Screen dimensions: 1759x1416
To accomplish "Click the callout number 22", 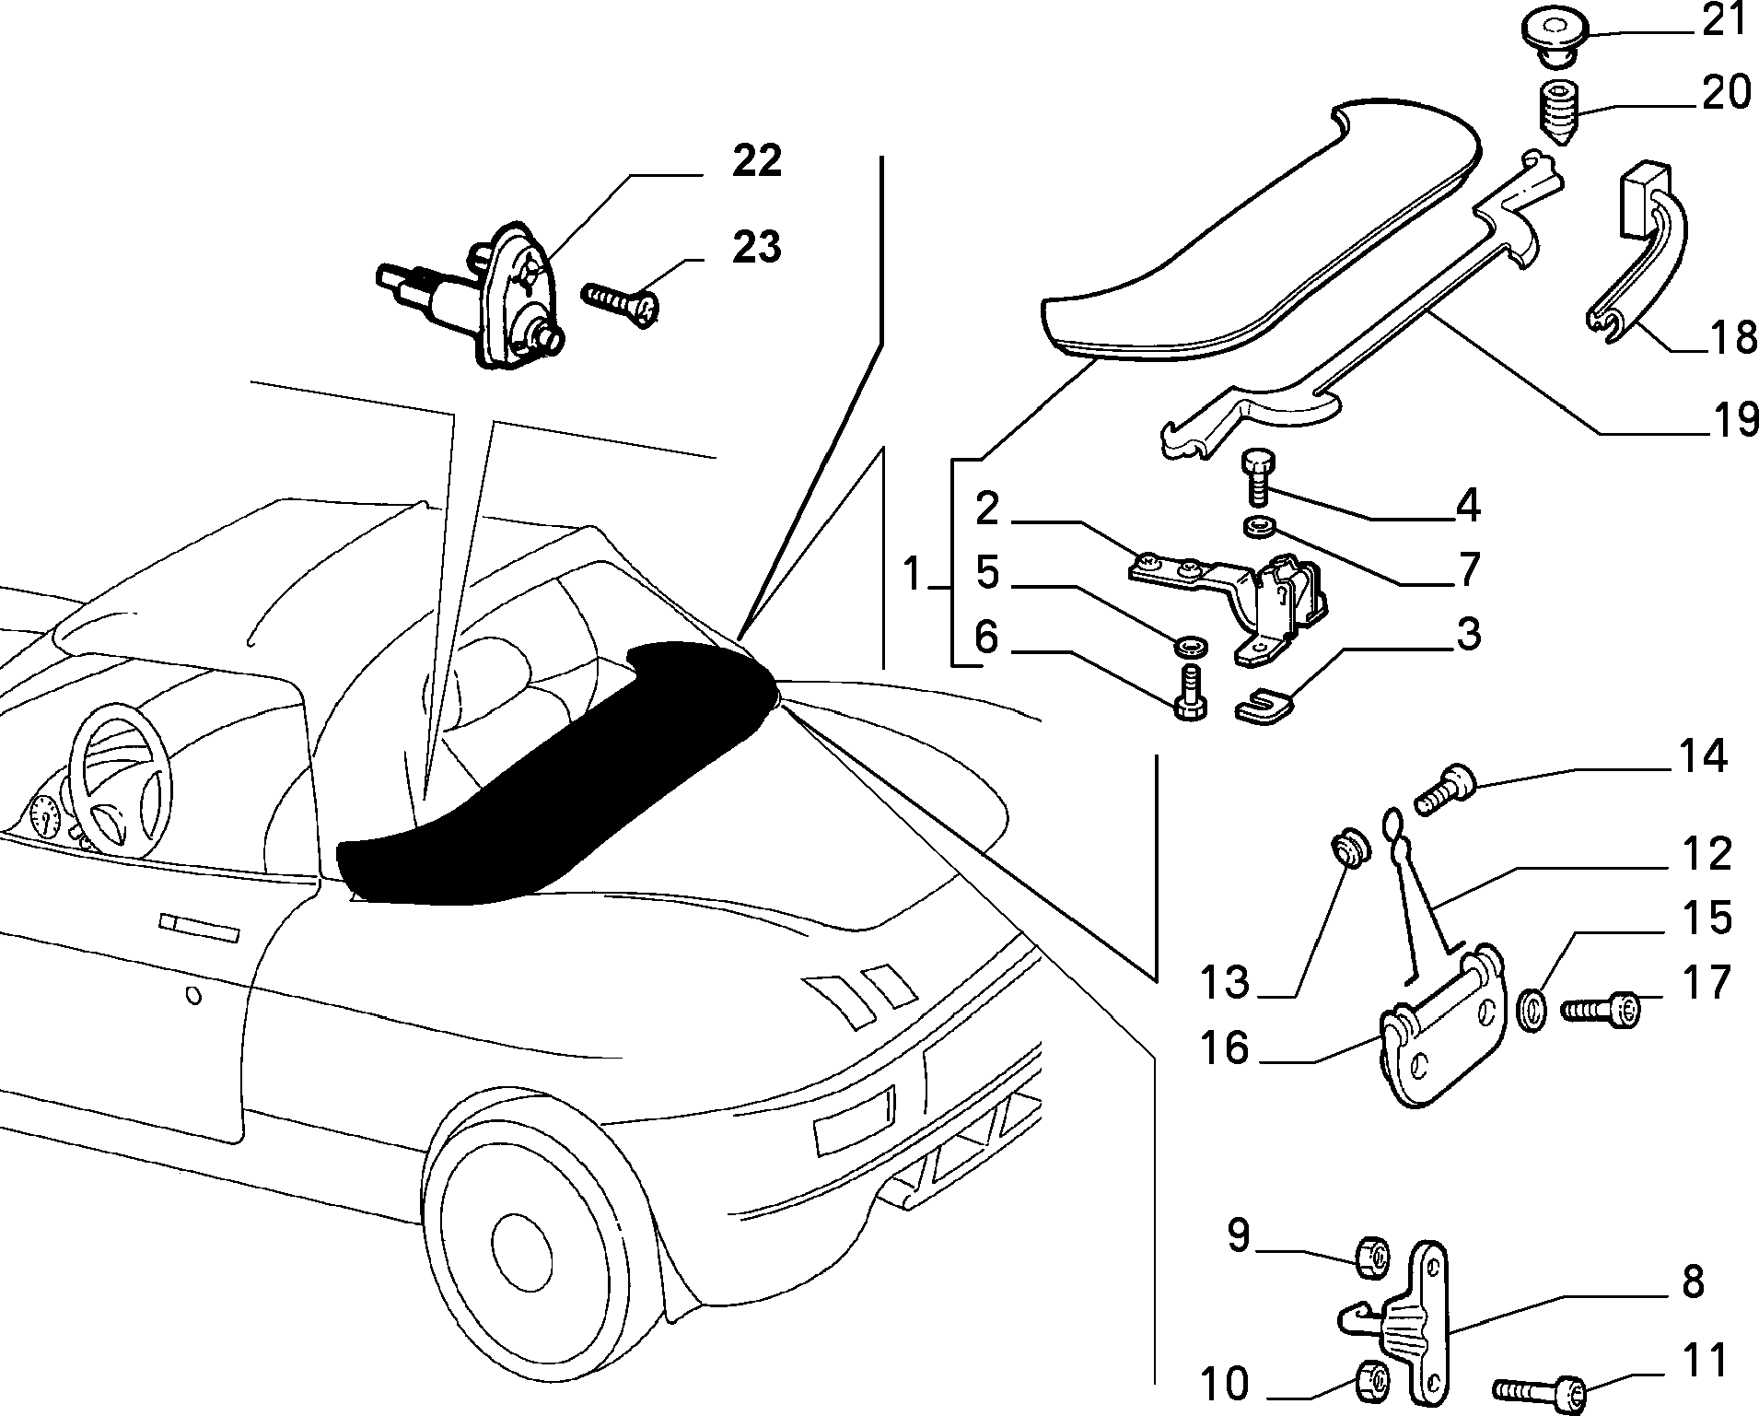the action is pos(757,161).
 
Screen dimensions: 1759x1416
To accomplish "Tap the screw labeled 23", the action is pos(621,303).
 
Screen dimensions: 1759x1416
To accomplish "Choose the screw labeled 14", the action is pos(1444,790).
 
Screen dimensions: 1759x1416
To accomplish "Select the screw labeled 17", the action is pos(1601,1012).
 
